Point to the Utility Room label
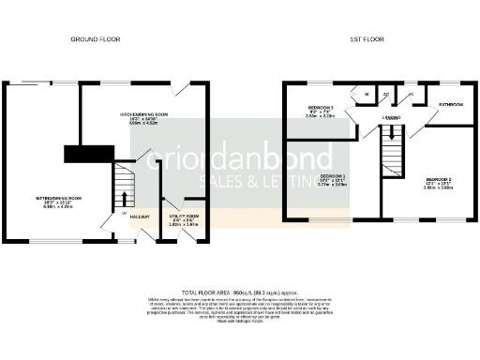pos(184,218)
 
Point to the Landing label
pos(392,117)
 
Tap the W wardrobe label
pos(366,94)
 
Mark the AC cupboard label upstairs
pos(385,94)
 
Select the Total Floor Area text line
pos(239,293)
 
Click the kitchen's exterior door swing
pos(182,89)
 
